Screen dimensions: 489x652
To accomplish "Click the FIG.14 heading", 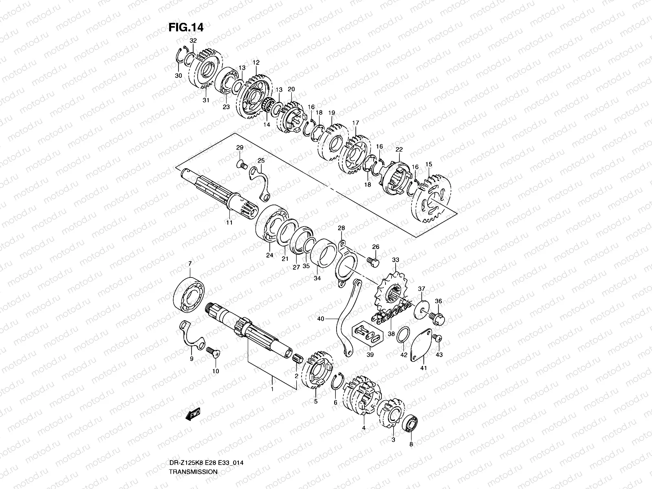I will [186, 27].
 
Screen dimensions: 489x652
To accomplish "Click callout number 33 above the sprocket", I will [395, 260].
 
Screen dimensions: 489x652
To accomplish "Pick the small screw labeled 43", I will [438, 338].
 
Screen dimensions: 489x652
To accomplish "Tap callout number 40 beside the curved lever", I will [320, 319].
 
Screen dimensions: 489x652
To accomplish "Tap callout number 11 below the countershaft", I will [229, 222].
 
